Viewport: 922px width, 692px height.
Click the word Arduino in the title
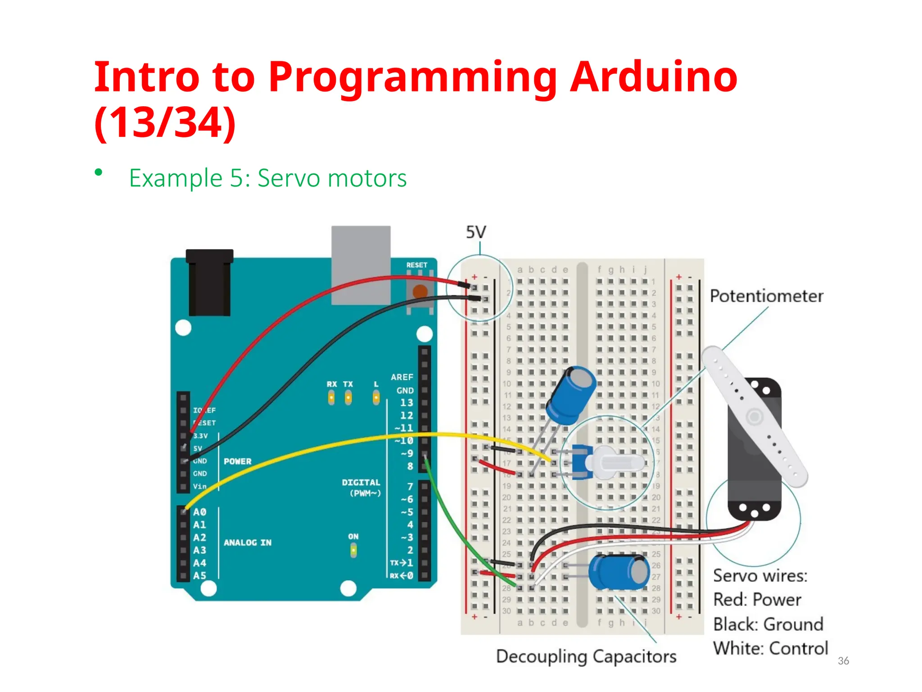tap(653, 77)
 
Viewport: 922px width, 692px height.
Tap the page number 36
tap(843, 660)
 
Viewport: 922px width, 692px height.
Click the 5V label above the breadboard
tap(476, 232)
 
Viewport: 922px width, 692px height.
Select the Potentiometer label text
tap(766, 296)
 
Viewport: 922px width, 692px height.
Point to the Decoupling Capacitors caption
tap(586, 656)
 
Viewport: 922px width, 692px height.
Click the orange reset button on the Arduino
tap(420, 292)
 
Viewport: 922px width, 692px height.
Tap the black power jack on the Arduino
tap(210, 282)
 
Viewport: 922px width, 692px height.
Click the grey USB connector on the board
tap(361, 264)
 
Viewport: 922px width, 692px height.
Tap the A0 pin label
tap(199, 512)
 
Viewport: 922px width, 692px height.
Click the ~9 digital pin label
tap(407, 453)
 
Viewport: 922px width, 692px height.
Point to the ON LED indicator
tap(353, 550)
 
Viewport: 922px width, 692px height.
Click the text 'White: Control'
tap(770, 648)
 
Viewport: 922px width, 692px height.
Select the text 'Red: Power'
tap(757, 600)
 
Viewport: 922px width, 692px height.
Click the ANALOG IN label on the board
tap(248, 543)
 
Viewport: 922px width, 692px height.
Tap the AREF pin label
tap(402, 377)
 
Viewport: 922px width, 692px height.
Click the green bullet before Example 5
tap(99, 173)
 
